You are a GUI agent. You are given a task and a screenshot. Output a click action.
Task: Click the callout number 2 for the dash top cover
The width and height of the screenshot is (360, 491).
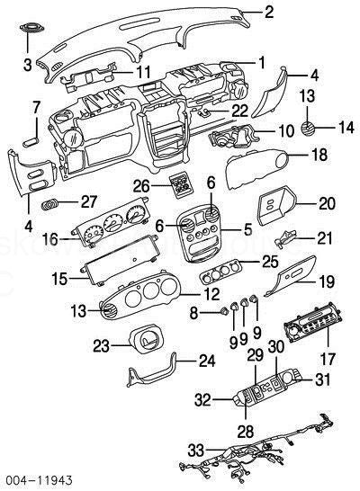[269, 12]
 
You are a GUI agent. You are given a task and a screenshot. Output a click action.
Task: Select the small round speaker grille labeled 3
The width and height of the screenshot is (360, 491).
[31, 28]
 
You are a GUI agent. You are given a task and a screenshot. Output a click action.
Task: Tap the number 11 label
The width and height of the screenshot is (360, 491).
[143, 72]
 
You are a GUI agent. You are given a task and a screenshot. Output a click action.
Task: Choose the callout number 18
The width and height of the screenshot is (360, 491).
[319, 155]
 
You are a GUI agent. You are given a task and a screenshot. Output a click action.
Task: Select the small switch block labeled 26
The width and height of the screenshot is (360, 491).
[180, 186]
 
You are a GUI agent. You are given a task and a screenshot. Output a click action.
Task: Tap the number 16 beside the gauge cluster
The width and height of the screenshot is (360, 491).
[50, 240]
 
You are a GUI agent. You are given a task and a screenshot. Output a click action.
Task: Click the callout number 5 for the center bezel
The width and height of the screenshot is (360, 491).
[247, 229]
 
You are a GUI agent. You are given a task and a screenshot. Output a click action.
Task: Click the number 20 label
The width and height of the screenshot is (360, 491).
[327, 203]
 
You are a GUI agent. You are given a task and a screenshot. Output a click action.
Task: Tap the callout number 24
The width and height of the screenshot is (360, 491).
[207, 361]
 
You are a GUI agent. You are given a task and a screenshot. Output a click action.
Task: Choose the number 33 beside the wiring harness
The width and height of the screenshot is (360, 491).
[196, 451]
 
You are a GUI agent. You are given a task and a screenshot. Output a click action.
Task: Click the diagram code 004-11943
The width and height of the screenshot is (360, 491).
[37, 479]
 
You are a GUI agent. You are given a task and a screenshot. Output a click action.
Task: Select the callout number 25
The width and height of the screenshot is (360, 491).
[270, 262]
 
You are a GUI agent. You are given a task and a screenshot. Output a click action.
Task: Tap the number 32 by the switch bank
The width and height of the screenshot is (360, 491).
[202, 400]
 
